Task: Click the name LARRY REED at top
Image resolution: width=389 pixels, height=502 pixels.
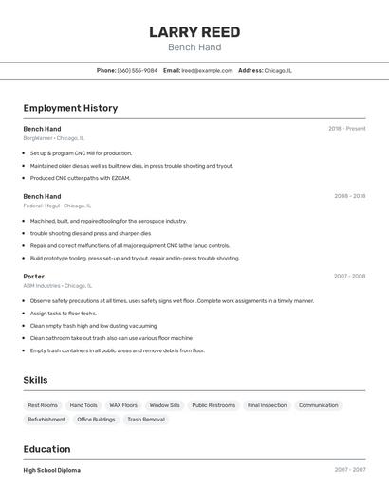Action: pyautogui.click(x=194, y=31)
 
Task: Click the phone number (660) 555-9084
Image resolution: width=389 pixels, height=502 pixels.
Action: pyautogui.click(x=138, y=70)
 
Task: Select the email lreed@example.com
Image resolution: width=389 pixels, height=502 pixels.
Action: pyautogui.click(x=207, y=70)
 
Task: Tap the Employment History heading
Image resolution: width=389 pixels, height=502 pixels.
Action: pyautogui.click(x=70, y=108)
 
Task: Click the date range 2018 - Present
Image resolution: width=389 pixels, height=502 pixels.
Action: pyautogui.click(x=347, y=129)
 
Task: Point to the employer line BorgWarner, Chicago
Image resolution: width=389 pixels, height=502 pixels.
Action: pyautogui.click(x=53, y=138)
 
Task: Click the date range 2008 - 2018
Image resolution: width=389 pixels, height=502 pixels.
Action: pyautogui.click(x=350, y=196)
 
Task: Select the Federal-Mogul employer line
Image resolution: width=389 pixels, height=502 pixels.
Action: pyautogui.click(x=57, y=206)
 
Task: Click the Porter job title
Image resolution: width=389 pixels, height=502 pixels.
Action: pyautogui.click(x=34, y=277)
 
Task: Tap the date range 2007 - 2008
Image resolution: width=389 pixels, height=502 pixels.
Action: pyautogui.click(x=349, y=277)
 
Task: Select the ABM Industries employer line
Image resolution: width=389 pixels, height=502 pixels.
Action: pyautogui.click(x=57, y=285)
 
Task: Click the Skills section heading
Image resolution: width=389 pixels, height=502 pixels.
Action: pyautogui.click(x=36, y=380)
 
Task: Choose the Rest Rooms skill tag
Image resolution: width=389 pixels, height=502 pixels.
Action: pyautogui.click(x=43, y=405)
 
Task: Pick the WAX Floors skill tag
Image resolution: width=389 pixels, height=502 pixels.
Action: pyautogui.click(x=123, y=405)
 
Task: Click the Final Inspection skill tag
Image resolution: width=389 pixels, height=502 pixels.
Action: pyautogui.click(x=267, y=405)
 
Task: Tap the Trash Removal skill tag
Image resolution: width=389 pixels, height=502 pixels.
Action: pyautogui.click(x=146, y=419)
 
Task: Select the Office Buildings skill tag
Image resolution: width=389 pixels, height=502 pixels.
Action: pyautogui.click(x=96, y=419)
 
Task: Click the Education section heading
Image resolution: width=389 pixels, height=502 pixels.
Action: pyautogui.click(x=46, y=449)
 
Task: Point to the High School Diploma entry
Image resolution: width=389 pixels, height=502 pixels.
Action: pyautogui.click(x=52, y=470)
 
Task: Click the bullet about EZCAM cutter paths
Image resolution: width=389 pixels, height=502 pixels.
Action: pyautogui.click(x=80, y=178)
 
